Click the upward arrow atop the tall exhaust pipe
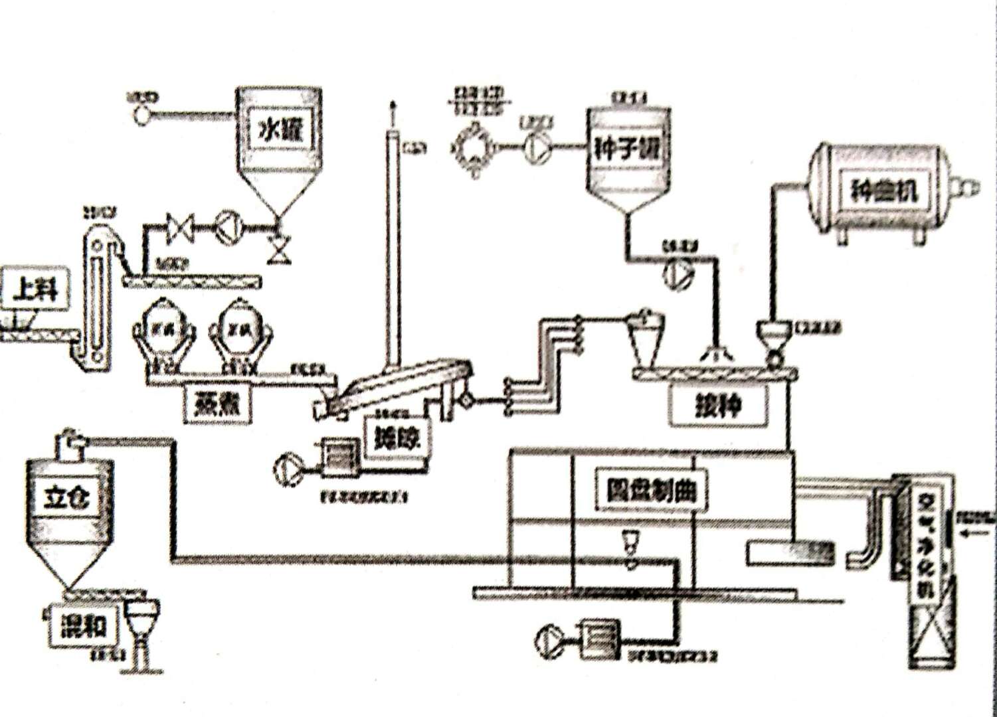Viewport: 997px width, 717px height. (x=394, y=107)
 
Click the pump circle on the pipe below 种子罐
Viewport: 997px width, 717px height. (x=680, y=271)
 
